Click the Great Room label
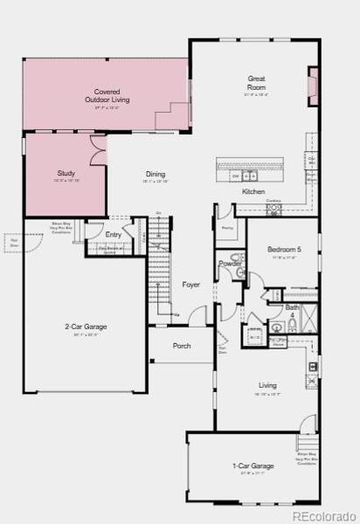point(256,83)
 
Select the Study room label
point(66,174)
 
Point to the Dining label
point(155,174)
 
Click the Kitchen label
point(253,191)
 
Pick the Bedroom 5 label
point(283,250)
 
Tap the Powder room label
point(230,264)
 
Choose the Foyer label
point(190,285)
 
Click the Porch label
point(181,346)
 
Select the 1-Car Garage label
point(253,465)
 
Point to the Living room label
point(267,385)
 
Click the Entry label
point(114,235)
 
